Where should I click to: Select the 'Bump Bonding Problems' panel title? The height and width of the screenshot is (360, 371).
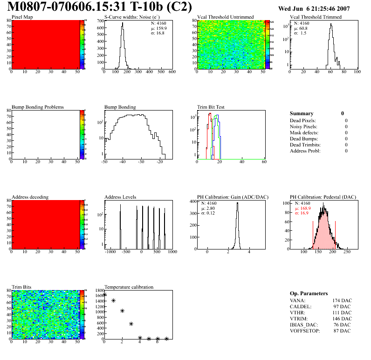coord(37,107)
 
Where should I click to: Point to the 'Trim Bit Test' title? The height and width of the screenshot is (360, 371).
coord(211,107)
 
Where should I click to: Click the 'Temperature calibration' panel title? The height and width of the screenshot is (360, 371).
coord(129,287)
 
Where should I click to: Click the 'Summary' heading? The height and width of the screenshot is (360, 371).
coord(302,113)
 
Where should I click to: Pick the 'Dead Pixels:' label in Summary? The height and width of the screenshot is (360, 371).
coord(303,120)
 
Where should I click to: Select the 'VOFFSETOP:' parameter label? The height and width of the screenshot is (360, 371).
coord(305,331)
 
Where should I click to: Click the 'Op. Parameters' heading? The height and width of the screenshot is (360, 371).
coord(309,293)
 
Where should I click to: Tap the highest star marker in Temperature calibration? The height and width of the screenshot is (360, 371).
coord(105,295)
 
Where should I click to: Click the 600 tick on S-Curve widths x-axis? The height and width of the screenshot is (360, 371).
coord(172,72)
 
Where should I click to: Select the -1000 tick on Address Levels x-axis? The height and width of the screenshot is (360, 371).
coord(110,252)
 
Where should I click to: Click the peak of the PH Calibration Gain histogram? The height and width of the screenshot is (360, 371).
coord(237,203)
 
